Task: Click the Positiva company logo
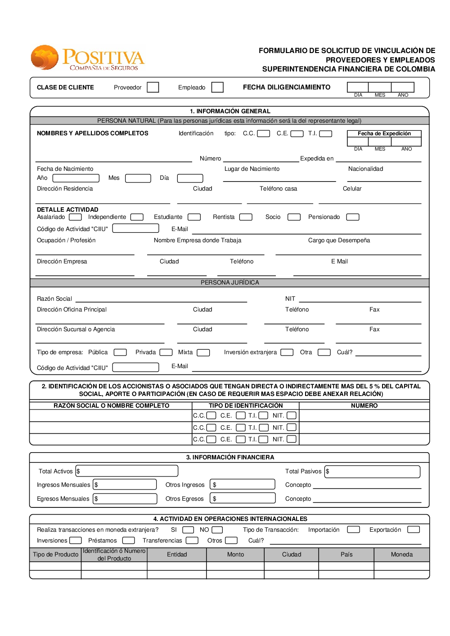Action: point(88,58)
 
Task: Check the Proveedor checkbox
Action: point(153,87)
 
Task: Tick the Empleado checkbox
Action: point(217,87)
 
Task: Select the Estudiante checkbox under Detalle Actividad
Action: point(194,217)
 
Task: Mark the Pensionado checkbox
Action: point(352,217)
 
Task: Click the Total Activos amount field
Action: point(127,471)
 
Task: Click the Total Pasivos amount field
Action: point(373,471)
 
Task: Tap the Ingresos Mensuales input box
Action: point(125,485)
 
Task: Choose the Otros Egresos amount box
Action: point(243,498)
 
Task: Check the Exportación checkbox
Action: point(413,529)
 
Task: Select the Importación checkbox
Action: point(353,529)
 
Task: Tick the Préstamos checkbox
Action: point(129,540)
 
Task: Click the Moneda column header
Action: point(401,555)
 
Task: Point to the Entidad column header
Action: point(177,555)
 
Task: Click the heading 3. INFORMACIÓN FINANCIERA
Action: point(230,457)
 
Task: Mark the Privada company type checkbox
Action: point(166,352)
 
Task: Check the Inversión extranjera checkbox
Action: point(287,352)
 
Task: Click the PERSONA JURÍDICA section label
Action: point(229,283)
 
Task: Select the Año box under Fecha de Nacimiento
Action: point(76,178)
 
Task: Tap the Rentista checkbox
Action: point(246,217)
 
